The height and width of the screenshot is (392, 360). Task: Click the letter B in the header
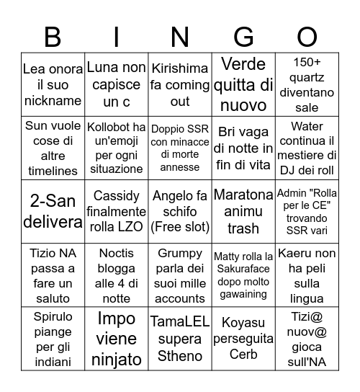click(x=53, y=36)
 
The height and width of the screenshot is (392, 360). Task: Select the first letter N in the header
click(x=180, y=36)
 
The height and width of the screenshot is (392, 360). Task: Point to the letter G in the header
click(x=244, y=36)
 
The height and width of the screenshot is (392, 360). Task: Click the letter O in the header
click(x=307, y=36)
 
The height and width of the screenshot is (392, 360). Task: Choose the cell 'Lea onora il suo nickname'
click(x=53, y=84)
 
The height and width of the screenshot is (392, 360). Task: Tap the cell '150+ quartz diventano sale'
click(x=307, y=84)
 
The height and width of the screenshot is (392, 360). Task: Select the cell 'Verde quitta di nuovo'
click(x=244, y=84)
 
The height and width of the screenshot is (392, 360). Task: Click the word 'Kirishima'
click(x=180, y=68)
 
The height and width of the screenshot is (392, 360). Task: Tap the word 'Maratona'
click(x=244, y=195)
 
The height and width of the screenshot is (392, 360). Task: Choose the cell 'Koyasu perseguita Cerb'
click(x=244, y=338)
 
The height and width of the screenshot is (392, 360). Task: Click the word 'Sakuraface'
click(x=244, y=271)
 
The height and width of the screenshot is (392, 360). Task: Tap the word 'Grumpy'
click(x=180, y=254)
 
